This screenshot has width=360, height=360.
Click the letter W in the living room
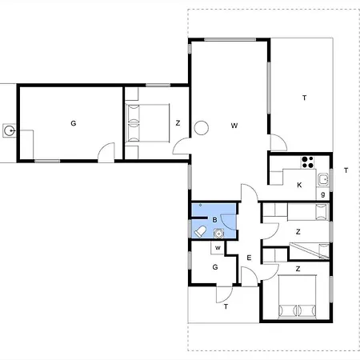click(x=234, y=126)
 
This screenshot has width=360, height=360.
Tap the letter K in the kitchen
click(x=299, y=185)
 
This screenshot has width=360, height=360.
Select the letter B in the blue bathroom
click(x=214, y=220)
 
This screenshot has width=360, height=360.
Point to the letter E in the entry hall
click(x=249, y=258)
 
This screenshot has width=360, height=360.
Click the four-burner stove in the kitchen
click(x=307, y=162)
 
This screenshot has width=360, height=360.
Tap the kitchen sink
click(x=323, y=179)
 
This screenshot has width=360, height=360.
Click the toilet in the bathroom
click(x=200, y=231)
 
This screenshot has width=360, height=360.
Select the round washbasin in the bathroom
click(x=218, y=234)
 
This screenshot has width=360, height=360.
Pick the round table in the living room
click(x=201, y=128)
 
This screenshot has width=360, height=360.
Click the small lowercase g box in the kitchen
click(x=322, y=194)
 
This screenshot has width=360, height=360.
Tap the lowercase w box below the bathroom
click(x=218, y=248)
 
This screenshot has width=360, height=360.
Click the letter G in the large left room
click(x=74, y=123)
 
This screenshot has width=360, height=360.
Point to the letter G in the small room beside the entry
click(x=215, y=267)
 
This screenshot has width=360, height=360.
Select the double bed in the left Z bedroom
click(x=147, y=123)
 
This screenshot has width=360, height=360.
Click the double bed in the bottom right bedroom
click(x=298, y=297)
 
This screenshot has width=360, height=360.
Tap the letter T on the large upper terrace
click(x=304, y=98)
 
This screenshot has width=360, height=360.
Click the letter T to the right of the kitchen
click(x=346, y=170)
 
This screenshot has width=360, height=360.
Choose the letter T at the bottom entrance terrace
click(x=226, y=306)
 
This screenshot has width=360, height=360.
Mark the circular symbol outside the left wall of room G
click(x=10, y=130)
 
